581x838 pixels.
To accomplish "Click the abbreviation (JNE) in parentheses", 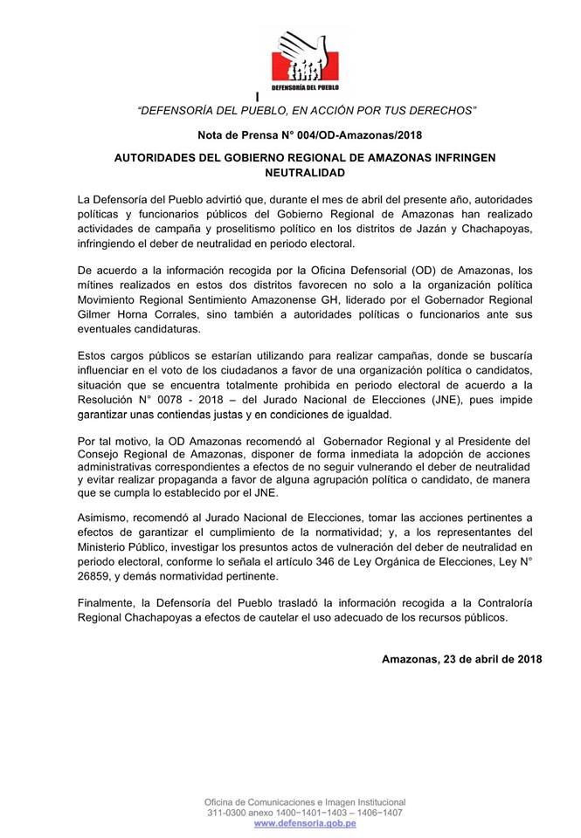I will pyautogui.click(x=434, y=399).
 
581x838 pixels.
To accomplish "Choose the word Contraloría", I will pyautogui.click(x=503, y=603).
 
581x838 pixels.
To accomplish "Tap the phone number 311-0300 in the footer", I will pyautogui.click(x=229, y=812).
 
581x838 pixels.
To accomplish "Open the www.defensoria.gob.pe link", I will pyautogui.click(x=305, y=823).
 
